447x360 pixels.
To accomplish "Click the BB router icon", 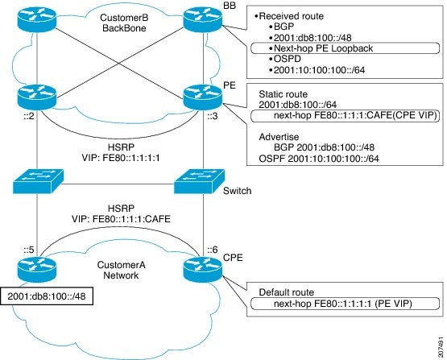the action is click(203, 19).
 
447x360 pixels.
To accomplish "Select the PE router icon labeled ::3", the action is click(203, 97).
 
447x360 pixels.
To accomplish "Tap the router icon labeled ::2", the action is click(37, 97).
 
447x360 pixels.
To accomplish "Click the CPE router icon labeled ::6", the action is click(203, 269).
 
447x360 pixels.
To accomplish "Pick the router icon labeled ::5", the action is click(37, 269).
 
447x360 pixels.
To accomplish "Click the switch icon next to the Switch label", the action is click(199, 181).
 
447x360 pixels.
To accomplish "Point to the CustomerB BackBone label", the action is click(124, 23).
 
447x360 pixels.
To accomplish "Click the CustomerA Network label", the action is click(121, 270).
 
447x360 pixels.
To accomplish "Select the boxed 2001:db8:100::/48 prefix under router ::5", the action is click(47, 296).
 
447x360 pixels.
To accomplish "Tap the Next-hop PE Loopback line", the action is click(323, 48).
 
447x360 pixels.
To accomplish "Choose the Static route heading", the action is click(283, 94).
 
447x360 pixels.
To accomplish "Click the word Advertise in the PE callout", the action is click(279, 137).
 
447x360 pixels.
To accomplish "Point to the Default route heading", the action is click(287, 292).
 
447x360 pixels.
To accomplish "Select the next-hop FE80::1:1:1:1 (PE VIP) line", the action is click(343, 304).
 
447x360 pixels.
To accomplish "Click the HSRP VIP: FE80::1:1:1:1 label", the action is click(121, 152).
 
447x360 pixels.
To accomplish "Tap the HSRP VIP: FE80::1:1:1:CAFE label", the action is click(121, 213).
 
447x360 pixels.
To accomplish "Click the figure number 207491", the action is click(441, 347).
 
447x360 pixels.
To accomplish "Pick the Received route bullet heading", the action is click(289, 16).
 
